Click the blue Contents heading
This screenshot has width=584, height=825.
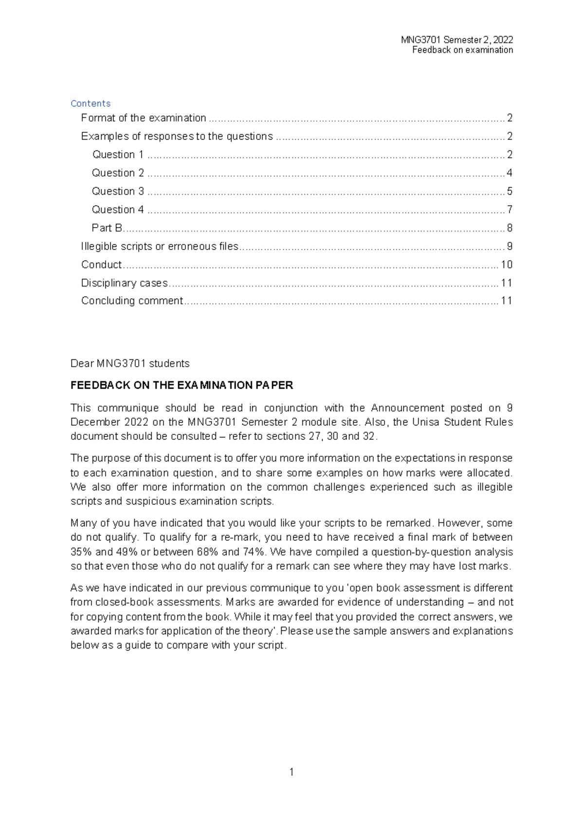[91, 104]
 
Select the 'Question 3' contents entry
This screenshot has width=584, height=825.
[118, 191]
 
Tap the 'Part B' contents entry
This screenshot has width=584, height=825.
[107, 228]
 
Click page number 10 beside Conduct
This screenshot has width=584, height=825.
[507, 265]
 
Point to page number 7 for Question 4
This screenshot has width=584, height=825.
[510, 210]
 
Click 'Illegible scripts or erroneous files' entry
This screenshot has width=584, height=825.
[160, 246]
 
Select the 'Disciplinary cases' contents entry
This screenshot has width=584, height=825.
[124, 283]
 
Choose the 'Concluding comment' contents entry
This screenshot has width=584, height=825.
[132, 301]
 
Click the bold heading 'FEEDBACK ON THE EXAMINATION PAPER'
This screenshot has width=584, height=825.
[182, 385]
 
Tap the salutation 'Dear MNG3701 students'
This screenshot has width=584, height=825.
[130, 363]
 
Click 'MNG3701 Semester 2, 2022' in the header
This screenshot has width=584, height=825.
[456, 40]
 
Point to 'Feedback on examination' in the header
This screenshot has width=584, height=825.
[462, 50]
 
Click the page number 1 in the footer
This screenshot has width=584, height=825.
[292, 772]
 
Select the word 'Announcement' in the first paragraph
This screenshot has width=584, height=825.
[407, 408]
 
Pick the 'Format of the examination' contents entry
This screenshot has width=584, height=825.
[144, 118]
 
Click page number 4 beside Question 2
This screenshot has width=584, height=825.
[510, 173]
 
